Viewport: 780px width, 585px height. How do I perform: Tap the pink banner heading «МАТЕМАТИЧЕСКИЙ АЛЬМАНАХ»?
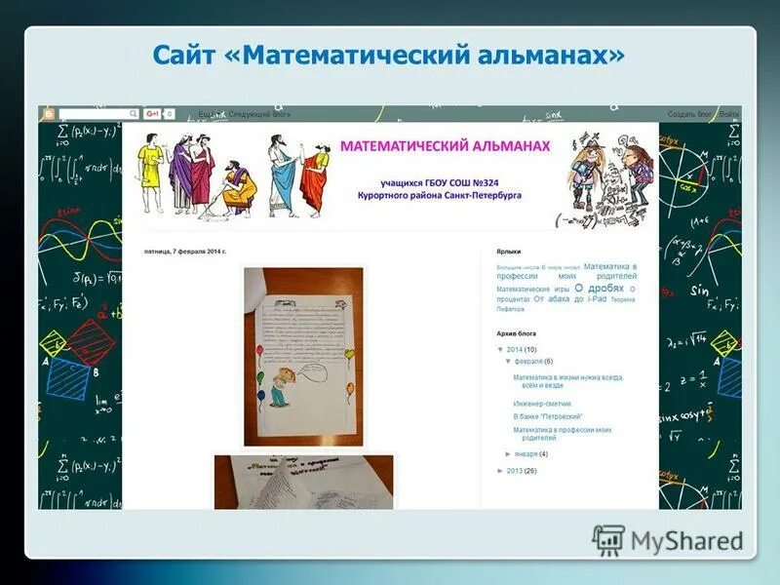pos(445,145)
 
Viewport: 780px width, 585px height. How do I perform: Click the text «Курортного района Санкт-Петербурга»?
pos(439,195)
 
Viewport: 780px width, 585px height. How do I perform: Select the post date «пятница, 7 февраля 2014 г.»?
pos(185,252)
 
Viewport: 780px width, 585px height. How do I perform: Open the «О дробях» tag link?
pos(600,289)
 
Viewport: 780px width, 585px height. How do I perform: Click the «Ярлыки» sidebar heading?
pos(509,252)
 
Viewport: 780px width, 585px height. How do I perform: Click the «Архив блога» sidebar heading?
pos(517,333)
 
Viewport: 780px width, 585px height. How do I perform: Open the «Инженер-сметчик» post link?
pos(542,404)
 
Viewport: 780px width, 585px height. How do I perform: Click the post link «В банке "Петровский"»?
pos(548,416)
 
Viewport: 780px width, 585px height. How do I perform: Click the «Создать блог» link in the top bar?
pos(688,114)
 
